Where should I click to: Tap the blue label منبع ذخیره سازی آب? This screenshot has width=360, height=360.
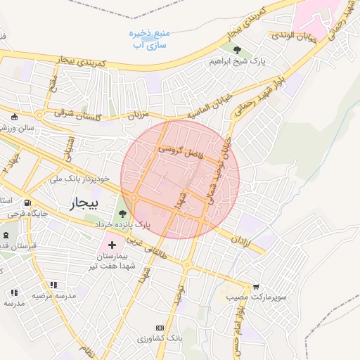click(x=148, y=38)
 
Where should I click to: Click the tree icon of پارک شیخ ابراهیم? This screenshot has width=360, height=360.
click(x=237, y=50)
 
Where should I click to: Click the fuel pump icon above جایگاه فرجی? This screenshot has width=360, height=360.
click(x=27, y=202)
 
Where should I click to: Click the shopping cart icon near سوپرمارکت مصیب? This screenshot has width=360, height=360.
click(x=256, y=287)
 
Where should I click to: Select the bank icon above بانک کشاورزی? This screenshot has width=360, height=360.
click(x=160, y=328)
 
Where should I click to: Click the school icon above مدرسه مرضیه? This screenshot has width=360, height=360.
click(x=53, y=285)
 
